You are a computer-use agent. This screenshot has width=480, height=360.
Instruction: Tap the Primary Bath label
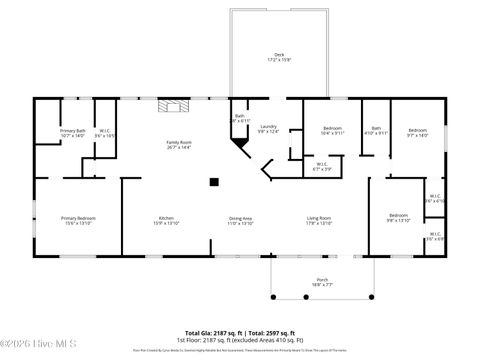tap(72, 133)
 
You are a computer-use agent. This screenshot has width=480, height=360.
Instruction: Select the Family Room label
tap(178, 144)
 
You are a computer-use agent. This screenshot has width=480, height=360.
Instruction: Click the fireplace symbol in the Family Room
tap(170, 103)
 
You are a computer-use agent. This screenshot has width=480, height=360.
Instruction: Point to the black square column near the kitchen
tap(213, 182)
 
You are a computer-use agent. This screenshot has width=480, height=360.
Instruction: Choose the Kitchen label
tap(166, 221)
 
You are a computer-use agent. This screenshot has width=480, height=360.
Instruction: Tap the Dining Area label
tap(240, 221)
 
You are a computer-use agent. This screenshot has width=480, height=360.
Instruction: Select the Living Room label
tap(318, 221)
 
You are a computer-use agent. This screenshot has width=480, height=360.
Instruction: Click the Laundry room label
tap(268, 129)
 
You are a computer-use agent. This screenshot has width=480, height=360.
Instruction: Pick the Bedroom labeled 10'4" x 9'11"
tap(333, 131)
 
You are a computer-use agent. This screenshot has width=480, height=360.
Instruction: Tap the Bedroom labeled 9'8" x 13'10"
tap(398, 218)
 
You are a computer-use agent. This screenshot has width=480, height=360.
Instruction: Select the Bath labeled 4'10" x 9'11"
tap(376, 131)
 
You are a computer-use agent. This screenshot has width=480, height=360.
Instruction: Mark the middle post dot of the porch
tap(323, 300)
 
